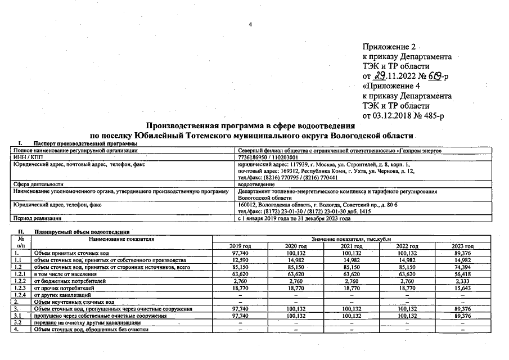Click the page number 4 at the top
coord(251,24)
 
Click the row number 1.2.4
coord(20,295)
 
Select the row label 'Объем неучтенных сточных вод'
coord(74,302)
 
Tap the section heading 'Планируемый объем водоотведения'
coord(82,232)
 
